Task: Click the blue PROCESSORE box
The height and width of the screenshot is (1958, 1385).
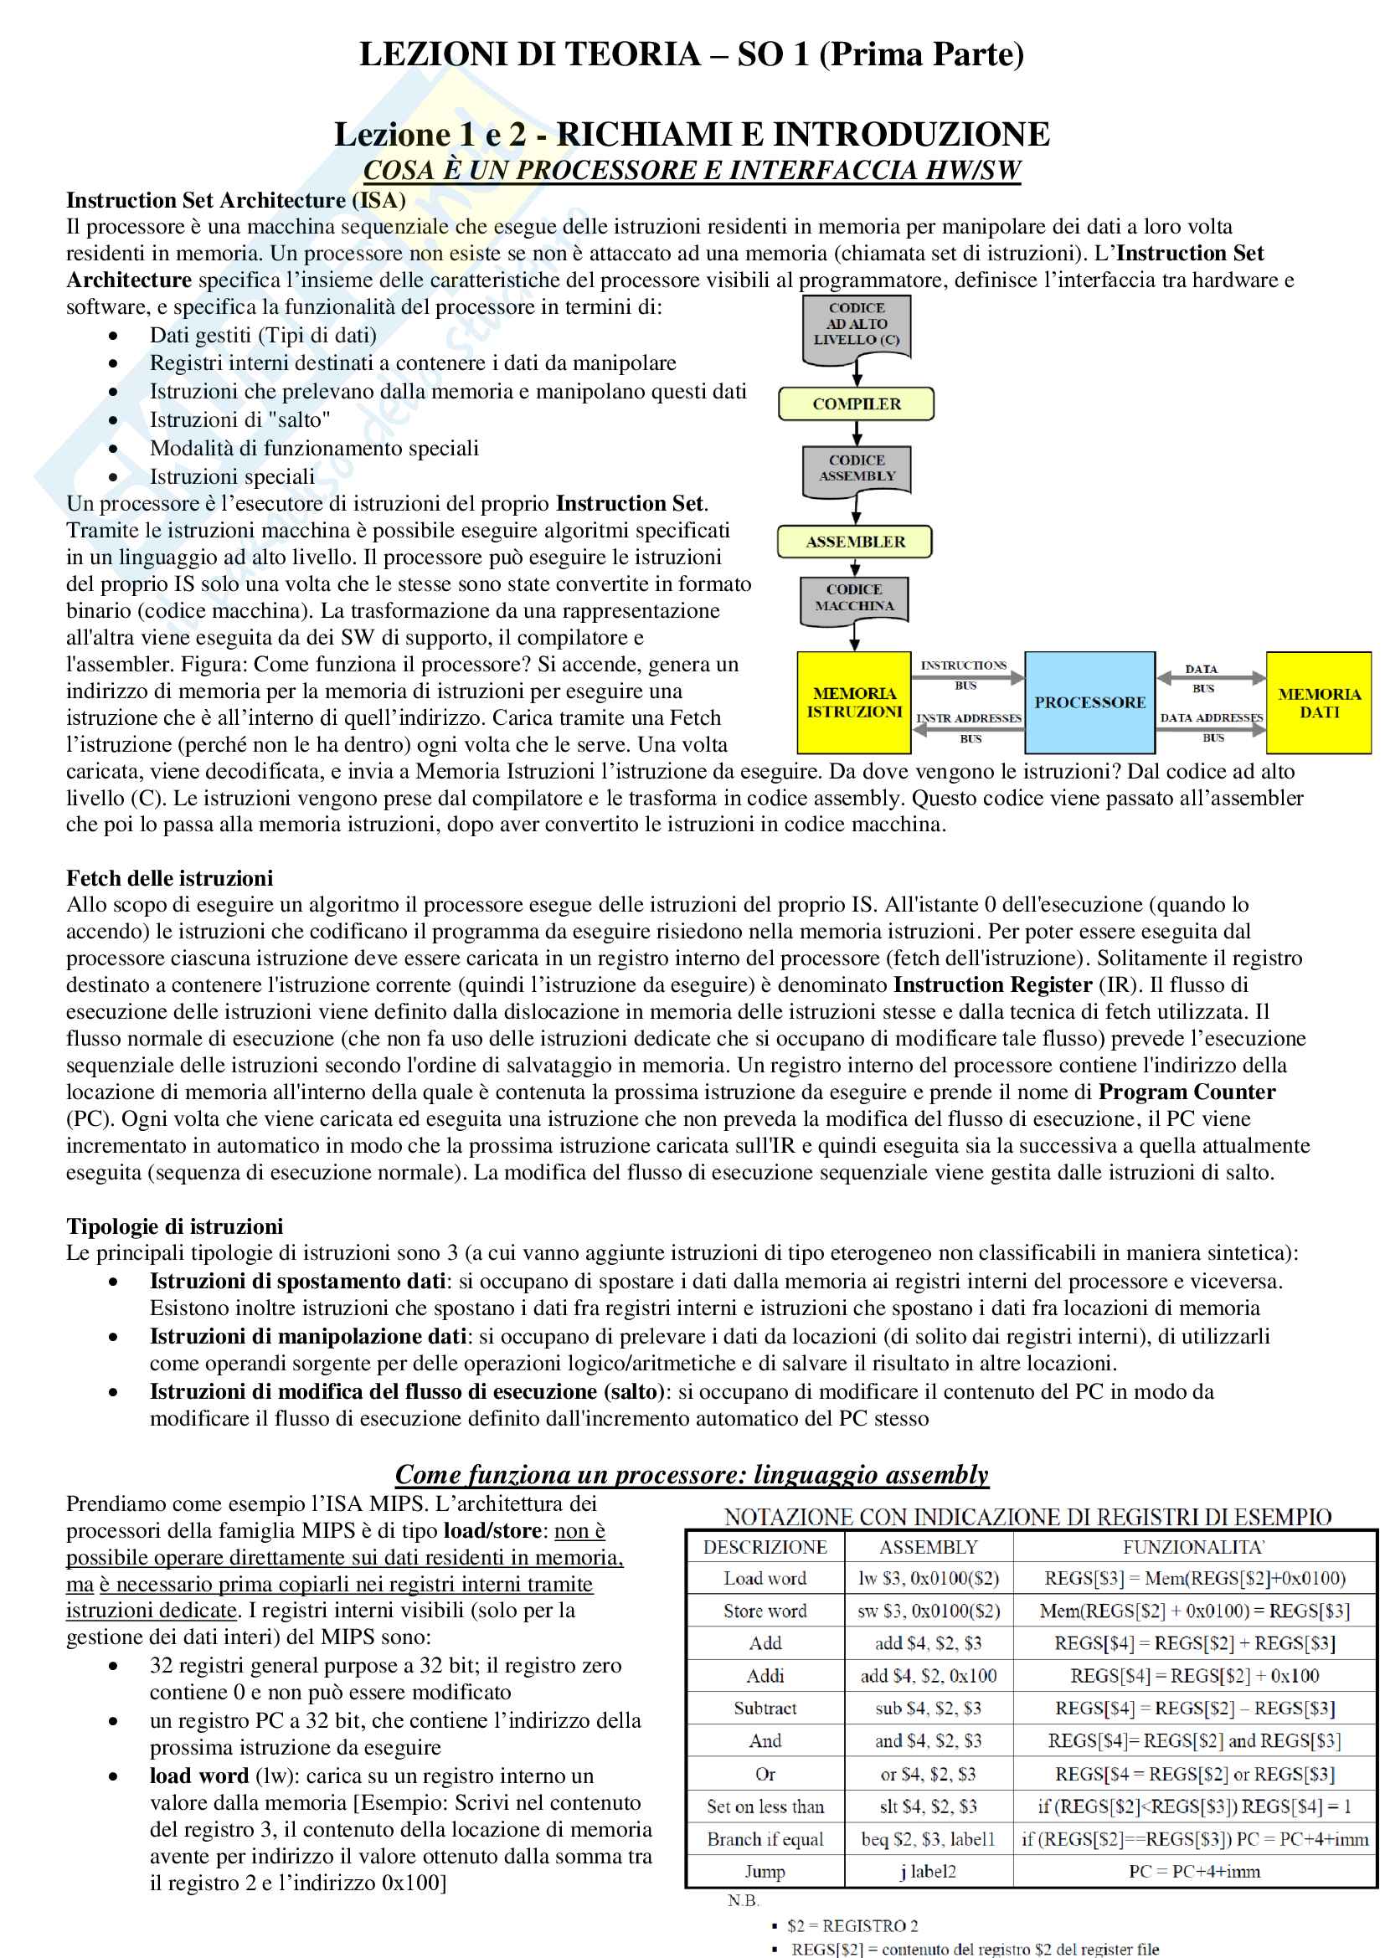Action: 1089,702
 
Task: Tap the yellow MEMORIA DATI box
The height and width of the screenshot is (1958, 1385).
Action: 1319,702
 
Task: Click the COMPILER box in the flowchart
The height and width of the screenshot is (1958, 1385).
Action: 857,404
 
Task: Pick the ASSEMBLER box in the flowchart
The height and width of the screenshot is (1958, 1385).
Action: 855,542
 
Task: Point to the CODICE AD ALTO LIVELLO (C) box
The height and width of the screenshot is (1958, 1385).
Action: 857,325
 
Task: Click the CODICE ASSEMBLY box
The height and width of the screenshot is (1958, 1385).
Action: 857,468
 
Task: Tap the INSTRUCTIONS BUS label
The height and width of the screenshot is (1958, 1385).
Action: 965,674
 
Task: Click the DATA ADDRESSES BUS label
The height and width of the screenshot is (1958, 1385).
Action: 1211,727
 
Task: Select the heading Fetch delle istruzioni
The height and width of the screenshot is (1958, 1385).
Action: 170,878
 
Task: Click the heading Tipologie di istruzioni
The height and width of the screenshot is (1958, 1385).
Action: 175,1226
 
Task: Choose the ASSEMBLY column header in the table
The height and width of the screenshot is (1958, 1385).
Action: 928,1547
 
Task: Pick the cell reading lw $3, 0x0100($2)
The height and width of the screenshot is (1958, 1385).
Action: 928,1579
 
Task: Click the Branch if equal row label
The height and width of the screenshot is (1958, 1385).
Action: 765,1838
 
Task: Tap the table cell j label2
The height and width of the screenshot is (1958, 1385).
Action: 928,1871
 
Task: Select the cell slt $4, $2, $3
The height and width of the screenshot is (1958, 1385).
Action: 928,1806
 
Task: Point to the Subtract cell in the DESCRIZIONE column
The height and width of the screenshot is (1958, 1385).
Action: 765,1709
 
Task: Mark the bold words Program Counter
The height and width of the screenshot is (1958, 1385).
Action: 1187,1092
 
